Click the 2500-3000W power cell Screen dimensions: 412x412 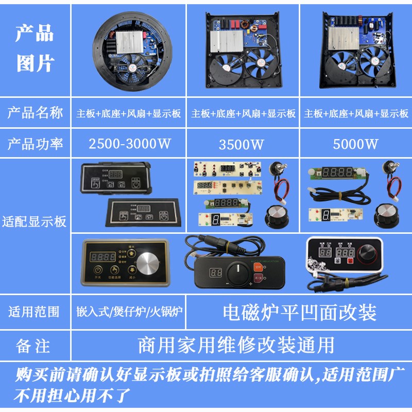pyautogui.click(x=129, y=144)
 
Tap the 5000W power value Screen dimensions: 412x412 pyautogui.click(x=356, y=144)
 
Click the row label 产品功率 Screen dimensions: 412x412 pyautogui.click(x=35, y=144)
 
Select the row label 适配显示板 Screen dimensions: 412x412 pyautogui.click(x=35, y=222)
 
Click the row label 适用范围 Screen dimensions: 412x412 pyautogui.click(x=35, y=312)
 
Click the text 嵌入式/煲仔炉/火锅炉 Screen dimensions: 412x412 pyautogui.click(x=129, y=312)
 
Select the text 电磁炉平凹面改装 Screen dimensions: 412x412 pyautogui.click(x=299, y=312)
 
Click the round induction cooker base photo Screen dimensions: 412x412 pyautogui.click(x=130, y=50)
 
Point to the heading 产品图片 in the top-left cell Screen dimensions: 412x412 pyautogui.click(x=35, y=49)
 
